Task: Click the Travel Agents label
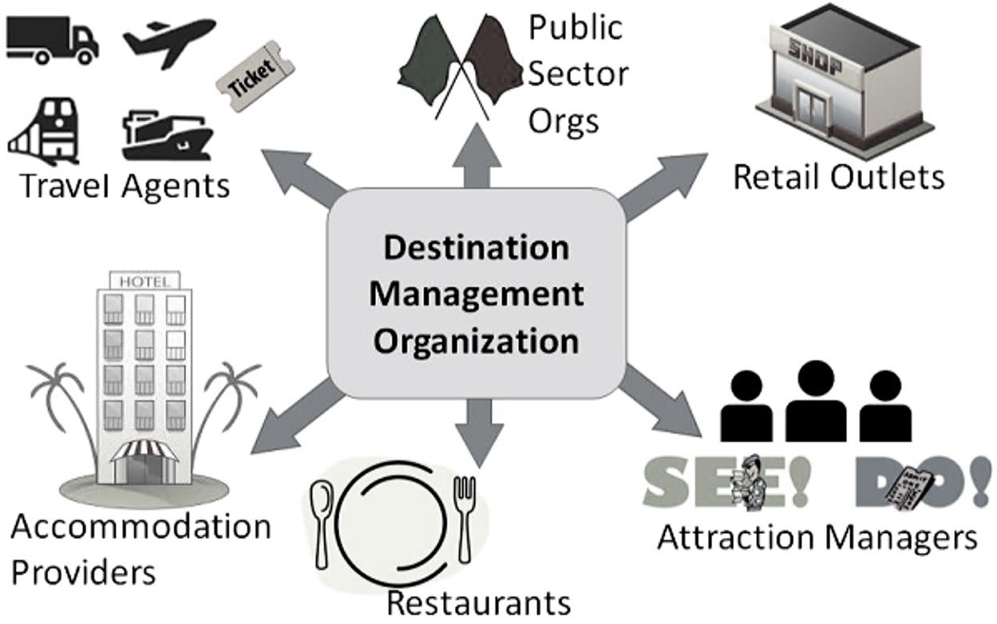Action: click(124, 186)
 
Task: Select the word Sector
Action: click(579, 74)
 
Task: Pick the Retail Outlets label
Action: click(838, 176)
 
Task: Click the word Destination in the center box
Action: click(477, 247)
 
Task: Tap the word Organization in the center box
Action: click(477, 341)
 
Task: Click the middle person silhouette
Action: click(816, 399)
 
